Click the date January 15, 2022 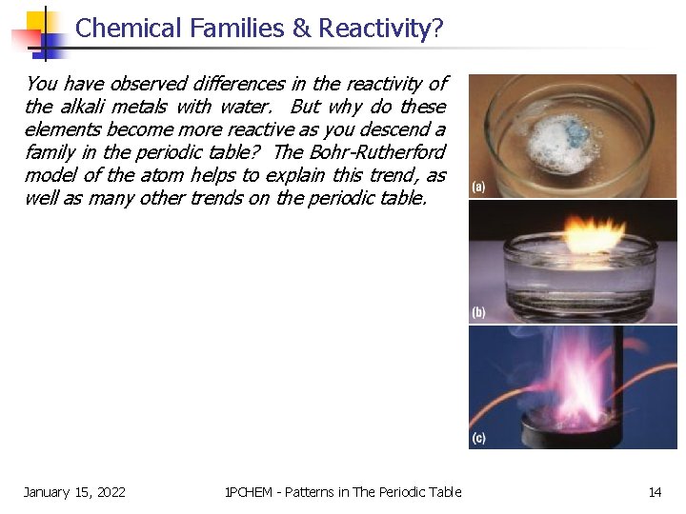click(74, 492)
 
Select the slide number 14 click(655, 492)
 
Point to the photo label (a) click(478, 187)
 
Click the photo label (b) click(478, 312)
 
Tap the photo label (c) click(478, 439)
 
